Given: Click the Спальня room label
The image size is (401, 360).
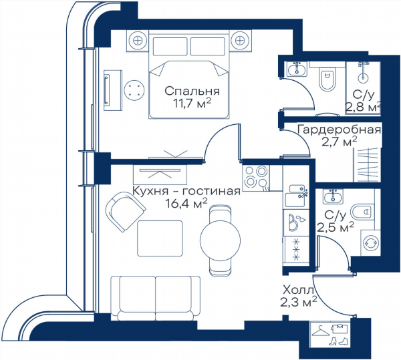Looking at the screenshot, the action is click(192, 91).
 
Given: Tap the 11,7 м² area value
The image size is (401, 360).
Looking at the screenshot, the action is click(192, 104).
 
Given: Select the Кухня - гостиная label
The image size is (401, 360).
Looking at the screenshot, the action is click(186, 191).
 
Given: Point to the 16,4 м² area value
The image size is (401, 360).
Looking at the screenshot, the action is click(186, 203).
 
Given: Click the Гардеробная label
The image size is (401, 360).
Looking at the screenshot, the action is click(339, 130).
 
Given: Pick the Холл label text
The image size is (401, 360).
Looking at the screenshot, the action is click(298, 291).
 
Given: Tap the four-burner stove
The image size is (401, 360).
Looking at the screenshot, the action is click(256, 176).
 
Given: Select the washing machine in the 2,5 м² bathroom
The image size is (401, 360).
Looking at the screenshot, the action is click(370, 242).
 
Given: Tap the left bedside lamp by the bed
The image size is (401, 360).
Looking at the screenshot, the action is click(138, 40).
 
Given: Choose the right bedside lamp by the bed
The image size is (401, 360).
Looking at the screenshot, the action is click(240, 40).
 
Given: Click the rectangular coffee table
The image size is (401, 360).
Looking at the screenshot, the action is click(160, 238).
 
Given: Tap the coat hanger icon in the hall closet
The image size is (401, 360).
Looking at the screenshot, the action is click(321, 332).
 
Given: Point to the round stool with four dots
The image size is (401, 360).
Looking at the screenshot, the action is click(134, 90).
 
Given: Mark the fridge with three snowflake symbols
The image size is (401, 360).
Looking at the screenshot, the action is click(296, 248).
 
